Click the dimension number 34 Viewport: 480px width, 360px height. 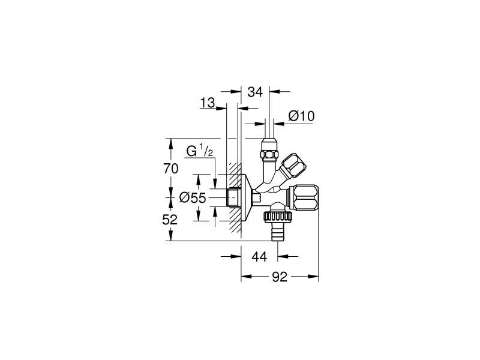[255, 92]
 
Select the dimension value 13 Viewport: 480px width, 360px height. [208, 104]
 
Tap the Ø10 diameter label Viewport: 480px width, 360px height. [301, 116]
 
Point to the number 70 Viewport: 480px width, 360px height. [170, 169]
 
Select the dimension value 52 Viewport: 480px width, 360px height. [170, 220]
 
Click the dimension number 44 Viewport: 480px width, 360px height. [259, 257]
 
